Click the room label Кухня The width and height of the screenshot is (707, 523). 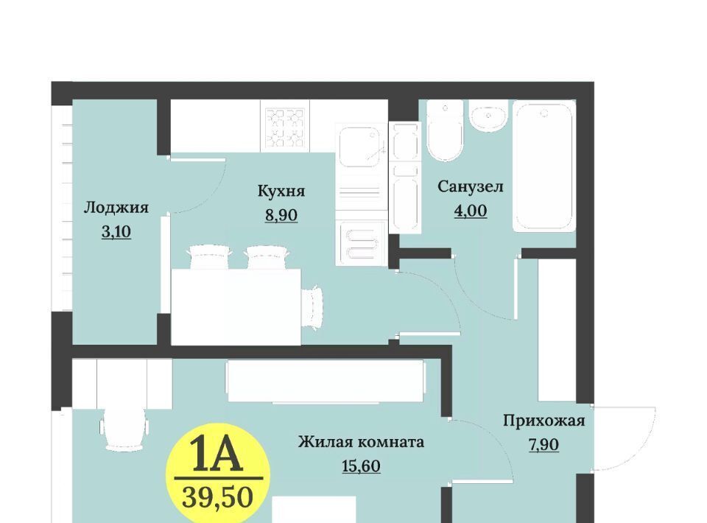point(281,192)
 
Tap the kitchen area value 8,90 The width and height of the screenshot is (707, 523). point(281,215)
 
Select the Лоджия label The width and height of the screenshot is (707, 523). point(116,208)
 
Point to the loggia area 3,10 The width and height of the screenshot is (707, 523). point(116,232)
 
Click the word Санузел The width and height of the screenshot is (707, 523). point(471,186)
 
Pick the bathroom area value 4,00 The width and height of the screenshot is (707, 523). point(471,211)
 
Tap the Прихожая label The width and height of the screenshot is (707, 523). point(544,421)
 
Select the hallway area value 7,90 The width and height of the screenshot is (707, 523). point(544,445)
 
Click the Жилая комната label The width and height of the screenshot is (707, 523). point(361,442)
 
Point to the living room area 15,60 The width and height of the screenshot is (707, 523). point(361,466)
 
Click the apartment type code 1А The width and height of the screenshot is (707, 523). point(218,455)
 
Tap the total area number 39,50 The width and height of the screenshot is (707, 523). point(218,498)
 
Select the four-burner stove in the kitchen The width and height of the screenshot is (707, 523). point(285,127)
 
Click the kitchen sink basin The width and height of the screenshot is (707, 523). point(361,147)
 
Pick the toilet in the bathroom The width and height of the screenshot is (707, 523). point(446,130)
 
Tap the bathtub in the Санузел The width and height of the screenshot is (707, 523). point(544,166)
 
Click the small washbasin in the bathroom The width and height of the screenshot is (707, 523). point(488,116)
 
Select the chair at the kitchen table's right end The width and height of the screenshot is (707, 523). point(312,307)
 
